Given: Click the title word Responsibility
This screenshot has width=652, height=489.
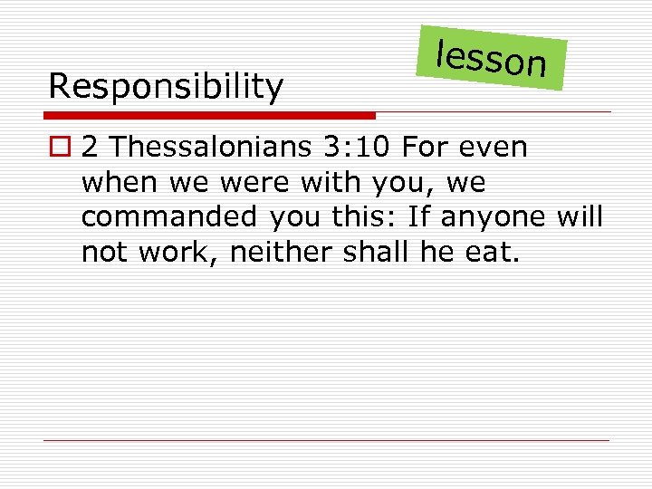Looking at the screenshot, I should pyautogui.click(x=166, y=87).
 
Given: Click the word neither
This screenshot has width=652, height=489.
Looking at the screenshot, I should pyautogui.click(x=283, y=253).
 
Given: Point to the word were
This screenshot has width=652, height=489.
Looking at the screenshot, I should pyautogui.click(x=252, y=182).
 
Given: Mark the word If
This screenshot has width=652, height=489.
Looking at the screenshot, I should pyautogui.click(x=418, y=217).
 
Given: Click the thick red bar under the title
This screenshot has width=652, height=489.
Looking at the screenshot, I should pyautogui.click(x=210, y=116).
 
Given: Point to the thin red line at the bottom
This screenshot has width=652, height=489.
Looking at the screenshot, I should pyautogui.click(x=326, y=441).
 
